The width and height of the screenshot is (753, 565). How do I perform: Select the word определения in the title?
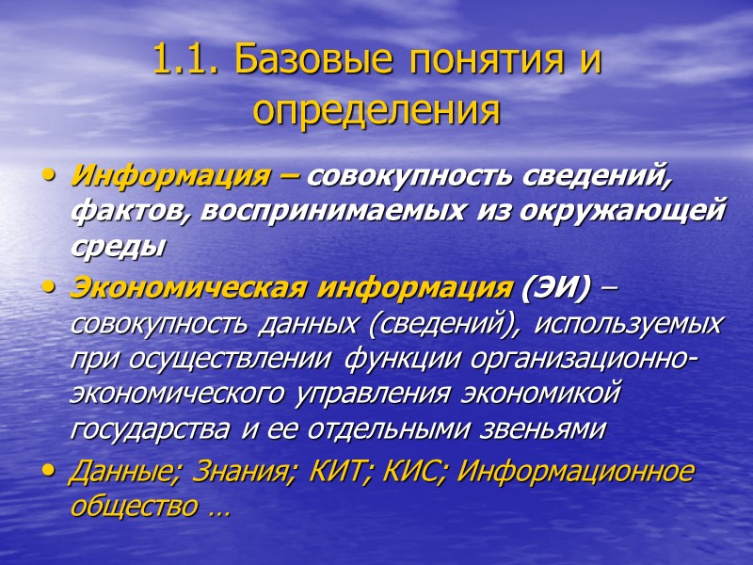[x=376, y=109]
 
